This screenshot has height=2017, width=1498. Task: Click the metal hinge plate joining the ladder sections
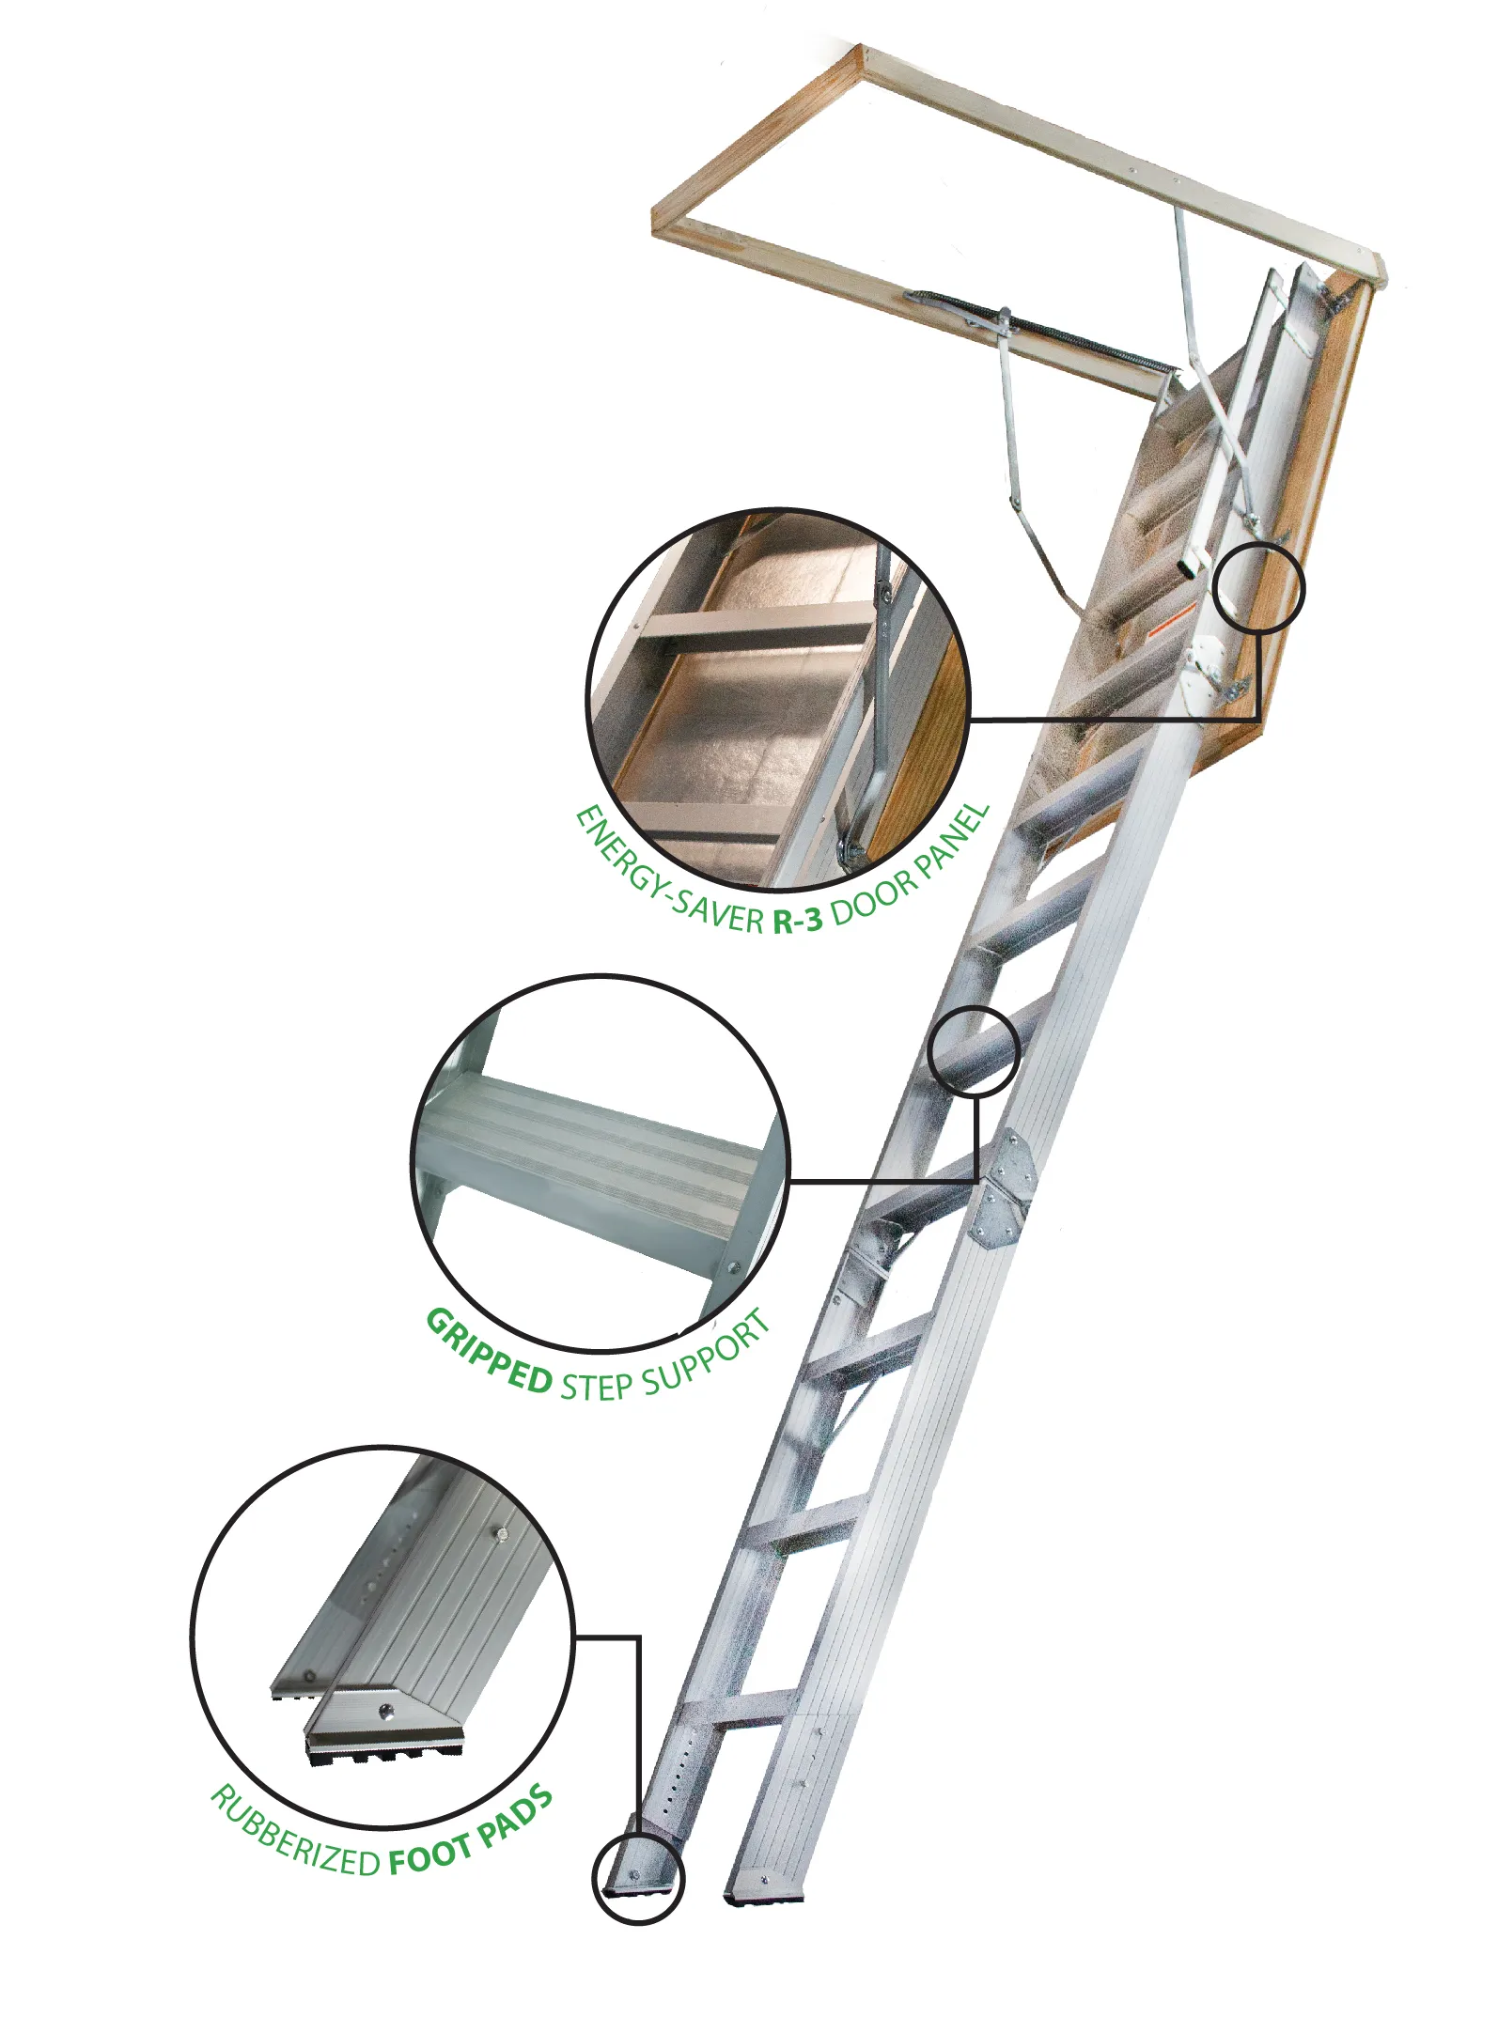point(1005,1189)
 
